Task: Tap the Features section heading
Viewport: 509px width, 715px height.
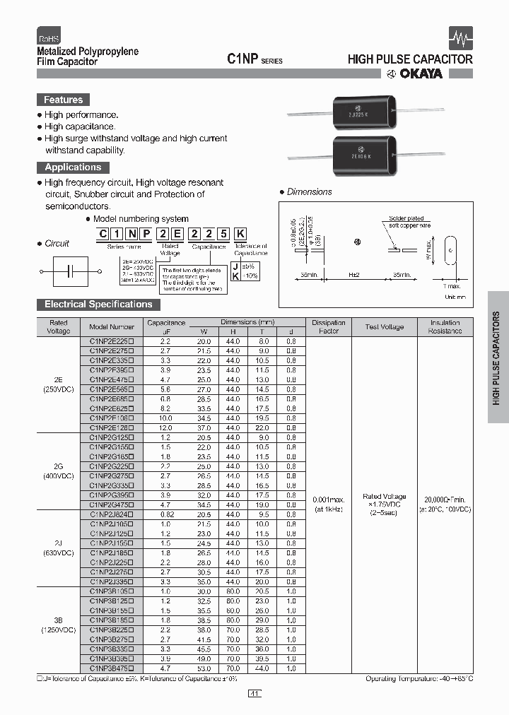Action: click(x=63, y=100)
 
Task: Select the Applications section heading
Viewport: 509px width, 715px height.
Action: click(x=73, y=167)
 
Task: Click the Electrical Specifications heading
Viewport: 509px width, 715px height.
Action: click(x=98, y=305)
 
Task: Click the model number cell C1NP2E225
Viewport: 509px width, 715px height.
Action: click(x=112, y=341)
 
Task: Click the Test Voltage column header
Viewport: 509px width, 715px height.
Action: click(x=384, y=326)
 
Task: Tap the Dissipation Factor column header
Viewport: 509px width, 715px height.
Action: click(x=329, y=326)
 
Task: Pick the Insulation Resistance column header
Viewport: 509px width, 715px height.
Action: click(x=445, y=326)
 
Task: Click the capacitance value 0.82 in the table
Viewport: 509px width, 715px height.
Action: click(x=165, y=515)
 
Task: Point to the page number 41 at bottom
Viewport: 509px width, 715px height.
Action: click(x=255, y=694)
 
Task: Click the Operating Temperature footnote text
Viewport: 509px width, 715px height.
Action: click(x=419, y=678)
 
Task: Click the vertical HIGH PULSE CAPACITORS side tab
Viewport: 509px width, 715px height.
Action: click(x=497, y=357)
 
